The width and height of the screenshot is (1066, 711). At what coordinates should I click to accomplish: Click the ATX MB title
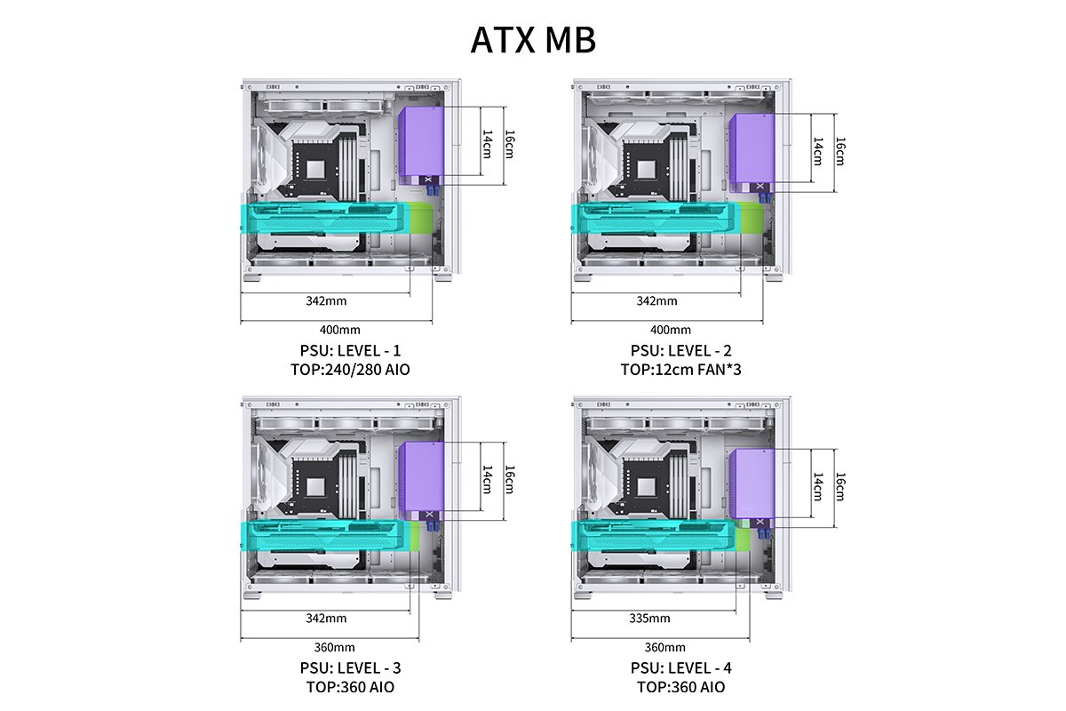[x=533, y=40]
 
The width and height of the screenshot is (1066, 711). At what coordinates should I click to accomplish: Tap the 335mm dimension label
[x=649, y=619]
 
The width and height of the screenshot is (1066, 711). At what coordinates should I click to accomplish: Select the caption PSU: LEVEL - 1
[x=350, y=350]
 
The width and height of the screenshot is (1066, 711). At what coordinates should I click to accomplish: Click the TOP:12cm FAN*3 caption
[x=680, y=370]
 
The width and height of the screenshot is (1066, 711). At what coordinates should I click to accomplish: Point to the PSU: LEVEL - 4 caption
[x=681, y=668]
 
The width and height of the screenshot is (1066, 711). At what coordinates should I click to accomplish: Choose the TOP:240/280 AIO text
[x=350, y=370]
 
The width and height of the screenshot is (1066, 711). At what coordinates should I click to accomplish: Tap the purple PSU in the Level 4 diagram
[x=752, y=487]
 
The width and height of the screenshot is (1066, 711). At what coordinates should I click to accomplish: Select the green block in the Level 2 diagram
[x=752, y=218]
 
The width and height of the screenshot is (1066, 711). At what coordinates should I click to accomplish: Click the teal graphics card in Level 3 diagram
[x=325, y=536]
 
